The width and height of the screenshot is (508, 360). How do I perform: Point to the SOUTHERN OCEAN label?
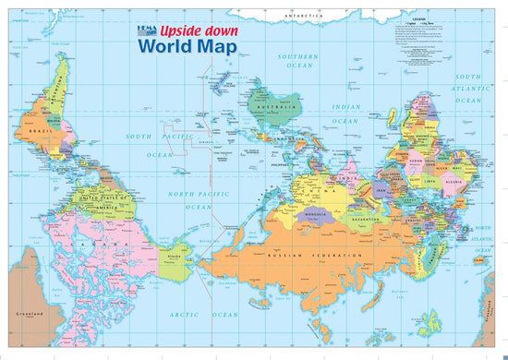pyautogui.click(x=298, y=61)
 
